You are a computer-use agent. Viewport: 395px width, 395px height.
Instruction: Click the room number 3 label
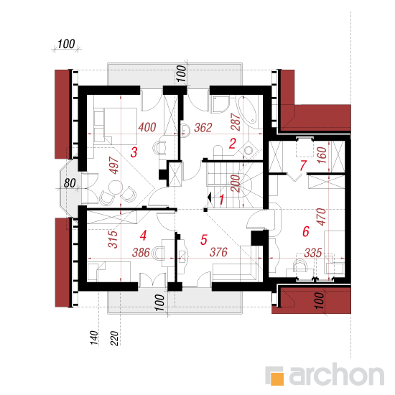coord(134,152)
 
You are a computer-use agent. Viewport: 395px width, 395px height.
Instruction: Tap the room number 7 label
coord(303,165)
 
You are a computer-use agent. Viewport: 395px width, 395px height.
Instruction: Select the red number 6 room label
coord(306,231)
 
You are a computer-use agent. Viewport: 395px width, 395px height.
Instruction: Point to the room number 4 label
coord(143,236)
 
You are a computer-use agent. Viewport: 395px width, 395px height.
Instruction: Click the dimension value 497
coord(114,165)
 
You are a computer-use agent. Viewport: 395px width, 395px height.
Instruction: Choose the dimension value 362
coord(203,127)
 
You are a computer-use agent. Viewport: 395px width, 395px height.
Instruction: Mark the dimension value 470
coord(321,217)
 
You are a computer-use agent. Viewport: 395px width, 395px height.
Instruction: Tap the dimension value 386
coord(141,252)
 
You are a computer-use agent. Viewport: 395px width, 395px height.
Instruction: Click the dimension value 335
coord(313,253)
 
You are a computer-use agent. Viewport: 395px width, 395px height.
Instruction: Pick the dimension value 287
coord(236,121)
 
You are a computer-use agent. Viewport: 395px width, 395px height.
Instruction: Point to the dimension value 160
coord(322,155)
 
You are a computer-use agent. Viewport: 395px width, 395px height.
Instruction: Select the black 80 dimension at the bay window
coord(70,183)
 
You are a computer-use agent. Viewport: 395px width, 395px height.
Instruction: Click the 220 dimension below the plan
coord(114,338)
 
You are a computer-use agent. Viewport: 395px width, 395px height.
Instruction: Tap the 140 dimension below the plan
coord(93,338)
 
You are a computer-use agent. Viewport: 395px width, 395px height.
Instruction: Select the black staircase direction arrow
coord(209,197)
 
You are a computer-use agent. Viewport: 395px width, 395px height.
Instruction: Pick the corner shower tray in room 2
coord(220,104)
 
